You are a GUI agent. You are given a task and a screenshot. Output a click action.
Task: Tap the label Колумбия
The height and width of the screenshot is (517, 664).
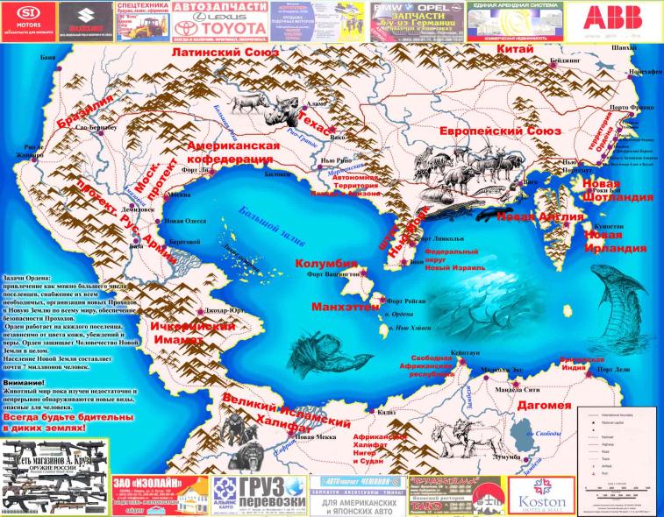click(x=325, y=264)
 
